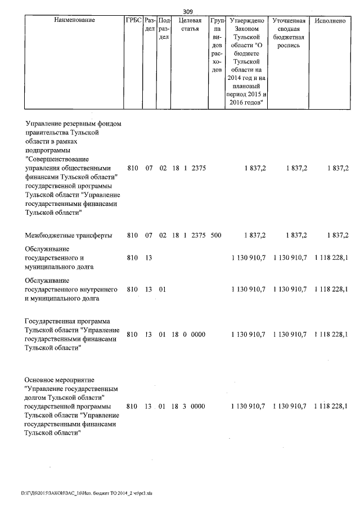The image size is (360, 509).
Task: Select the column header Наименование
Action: [x=74, y=20]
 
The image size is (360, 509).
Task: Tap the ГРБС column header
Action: [x=133, y=20]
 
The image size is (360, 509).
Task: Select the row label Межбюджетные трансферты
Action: [x=68, y=235]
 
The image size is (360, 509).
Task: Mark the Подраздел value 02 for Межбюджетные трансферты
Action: [x=163, y=235]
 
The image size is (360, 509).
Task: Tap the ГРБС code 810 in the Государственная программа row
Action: [x=132, y=334]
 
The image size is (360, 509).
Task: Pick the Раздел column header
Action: [x=149, y=24]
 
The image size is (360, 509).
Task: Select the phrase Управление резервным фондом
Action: [x=74, y=123]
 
